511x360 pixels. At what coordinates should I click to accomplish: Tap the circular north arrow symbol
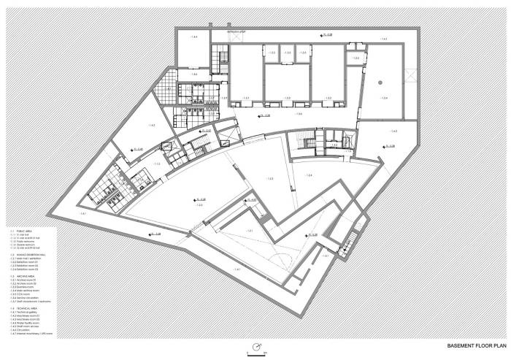256,345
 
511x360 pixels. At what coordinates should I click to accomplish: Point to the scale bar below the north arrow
256,354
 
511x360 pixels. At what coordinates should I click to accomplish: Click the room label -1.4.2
150,126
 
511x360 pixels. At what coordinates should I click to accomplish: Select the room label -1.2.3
270,179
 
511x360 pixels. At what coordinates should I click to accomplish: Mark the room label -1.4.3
393,131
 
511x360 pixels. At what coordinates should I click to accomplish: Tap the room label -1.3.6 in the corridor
298,114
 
